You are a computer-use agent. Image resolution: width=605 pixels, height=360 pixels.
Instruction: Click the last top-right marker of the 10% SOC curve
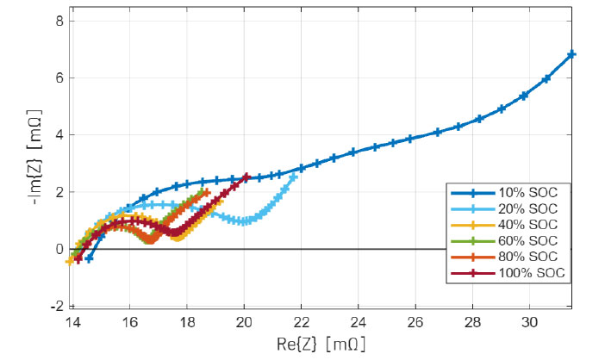point(571,54)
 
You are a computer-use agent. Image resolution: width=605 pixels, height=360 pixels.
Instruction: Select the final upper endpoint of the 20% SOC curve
point(295,177)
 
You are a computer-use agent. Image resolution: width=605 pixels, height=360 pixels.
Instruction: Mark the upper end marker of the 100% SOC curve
point(247,177)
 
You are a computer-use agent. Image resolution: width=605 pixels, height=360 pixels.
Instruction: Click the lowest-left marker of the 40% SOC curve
point(70,261)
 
